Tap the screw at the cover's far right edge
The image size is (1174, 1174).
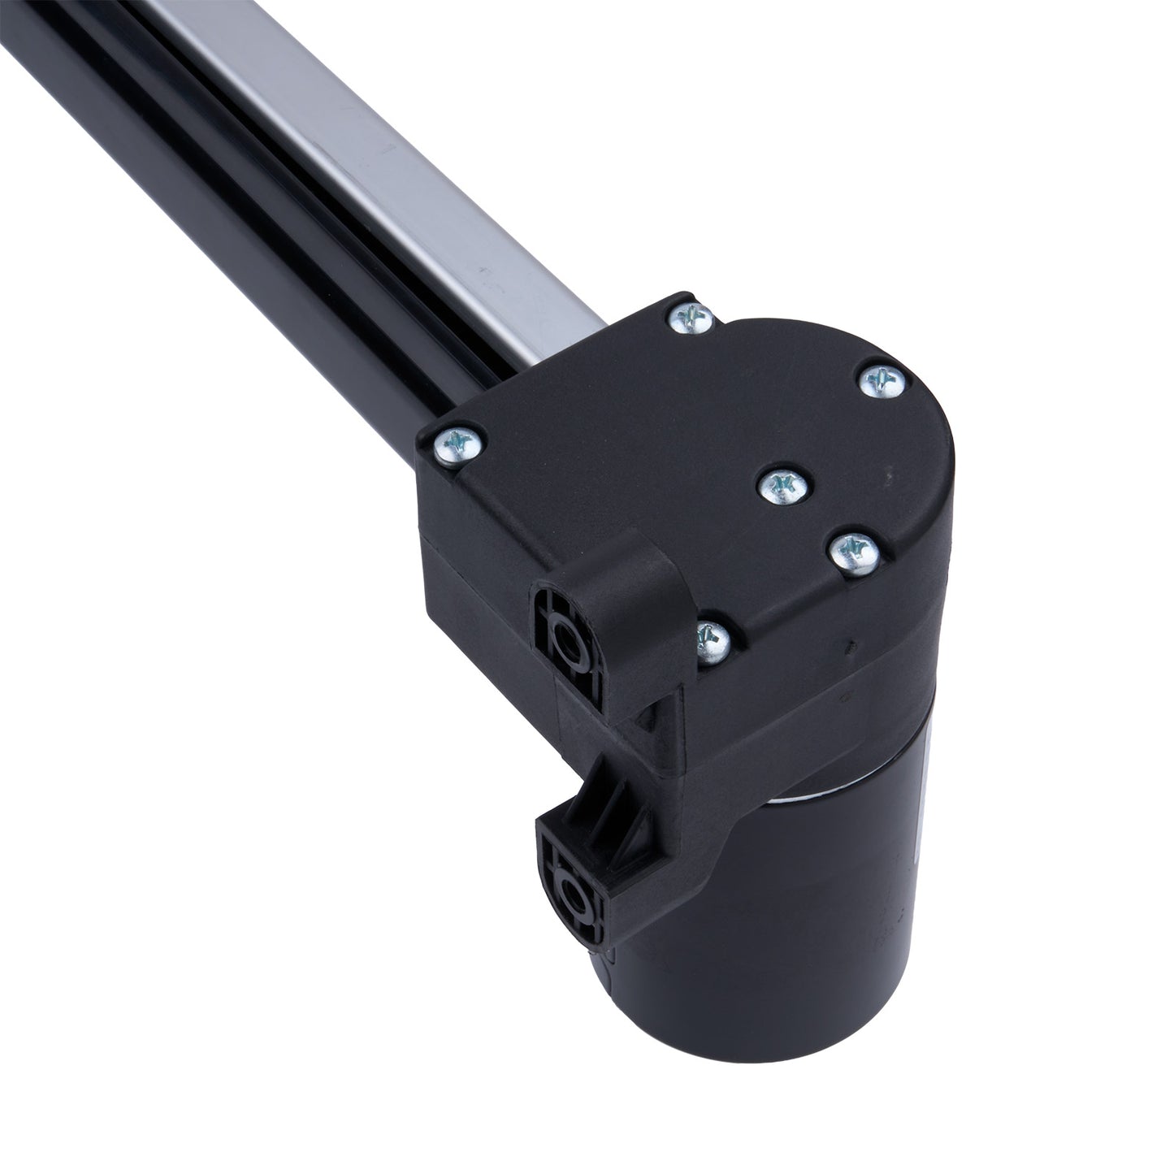[881, 380]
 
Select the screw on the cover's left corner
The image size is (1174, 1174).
[460, 443]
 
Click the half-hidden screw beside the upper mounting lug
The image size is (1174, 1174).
[712, 636]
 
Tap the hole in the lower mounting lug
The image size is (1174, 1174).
[578, 895]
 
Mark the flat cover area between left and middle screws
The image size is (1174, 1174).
[617, 463]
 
